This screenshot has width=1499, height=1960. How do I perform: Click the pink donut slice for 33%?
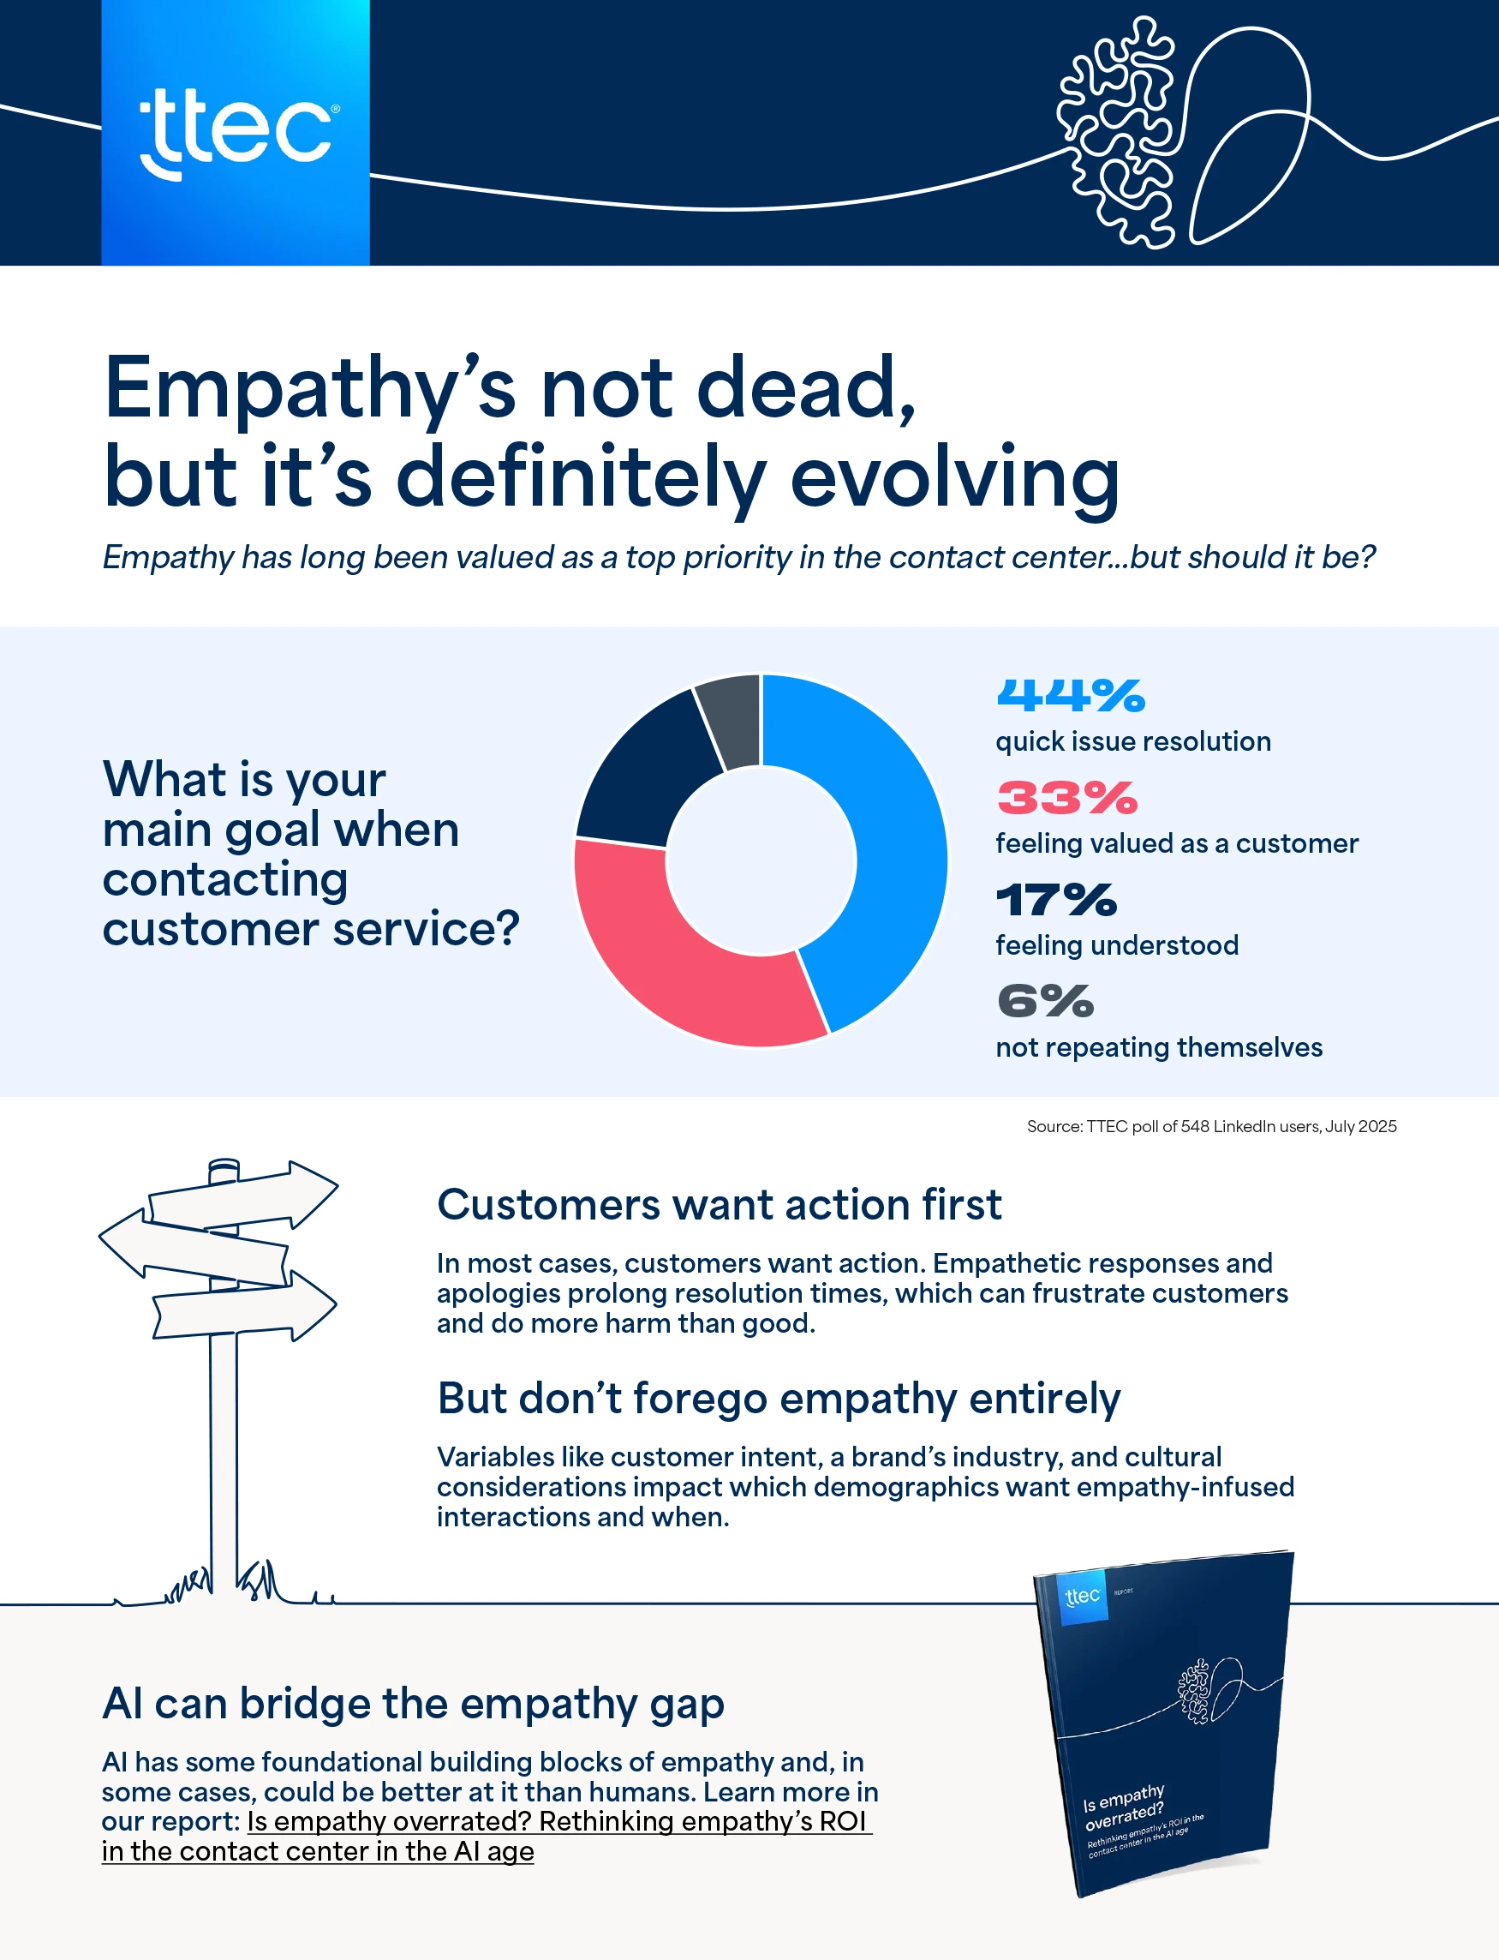tap(678, 964)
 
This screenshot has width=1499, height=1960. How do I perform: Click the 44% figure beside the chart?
tap(1070, 695)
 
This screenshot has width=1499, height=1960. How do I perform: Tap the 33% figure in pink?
tap(1067, 797)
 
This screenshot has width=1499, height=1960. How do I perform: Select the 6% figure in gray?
tap(1045, 1000)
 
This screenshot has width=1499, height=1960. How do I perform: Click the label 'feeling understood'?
tap(1116, 945)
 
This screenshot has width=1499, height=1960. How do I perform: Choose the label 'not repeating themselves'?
tap(1158, 1047)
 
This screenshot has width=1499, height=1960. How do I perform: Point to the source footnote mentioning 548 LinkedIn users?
tap(1211, 1126)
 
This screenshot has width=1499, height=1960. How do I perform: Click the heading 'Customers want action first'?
tap(720, 1205)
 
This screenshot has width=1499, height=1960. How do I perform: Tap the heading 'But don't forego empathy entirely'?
tap(778, 1399)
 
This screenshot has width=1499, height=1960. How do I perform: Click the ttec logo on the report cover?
tap(1083, 1596)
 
